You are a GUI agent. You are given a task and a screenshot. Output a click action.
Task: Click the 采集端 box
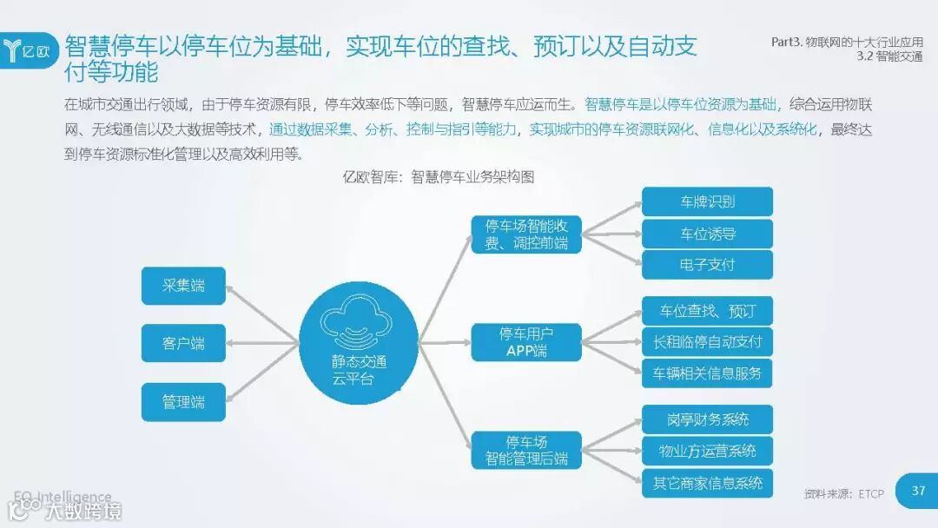click(x=183, y=286)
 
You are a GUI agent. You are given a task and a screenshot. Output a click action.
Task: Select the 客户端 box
click(x=183, y=343)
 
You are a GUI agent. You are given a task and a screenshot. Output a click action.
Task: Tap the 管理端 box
click(x=183, y=402)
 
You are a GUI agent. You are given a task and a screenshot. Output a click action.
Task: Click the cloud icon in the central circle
click(x=357, y=322)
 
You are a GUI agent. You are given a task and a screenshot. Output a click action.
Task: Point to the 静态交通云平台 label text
click(x=359, y=371)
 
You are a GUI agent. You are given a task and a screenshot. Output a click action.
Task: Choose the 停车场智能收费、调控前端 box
click(x=526, y=234)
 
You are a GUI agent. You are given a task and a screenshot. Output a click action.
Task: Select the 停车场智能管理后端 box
click(x=526, y=449)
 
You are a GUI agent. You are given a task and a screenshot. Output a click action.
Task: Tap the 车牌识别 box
click(x=707, y=202)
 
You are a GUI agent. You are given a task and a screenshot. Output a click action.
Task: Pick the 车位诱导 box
click(x=707, y=234)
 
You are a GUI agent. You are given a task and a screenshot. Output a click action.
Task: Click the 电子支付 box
click(x=707, y=264)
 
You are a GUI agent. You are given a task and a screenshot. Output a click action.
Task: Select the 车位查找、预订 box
click(x=707, y=311)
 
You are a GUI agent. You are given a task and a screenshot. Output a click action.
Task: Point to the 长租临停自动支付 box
click(x=707, y=342)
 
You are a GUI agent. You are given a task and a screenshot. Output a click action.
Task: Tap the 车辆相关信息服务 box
click(x=707, y=373)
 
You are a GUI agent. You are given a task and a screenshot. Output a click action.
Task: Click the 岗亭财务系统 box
click(x=707, y=419)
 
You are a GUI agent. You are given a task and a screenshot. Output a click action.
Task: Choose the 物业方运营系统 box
click(x=707, y=451)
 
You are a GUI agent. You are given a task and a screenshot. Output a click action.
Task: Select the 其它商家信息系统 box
click(x=707, y=482)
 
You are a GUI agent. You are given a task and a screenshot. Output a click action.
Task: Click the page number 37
click(x=918, y=492)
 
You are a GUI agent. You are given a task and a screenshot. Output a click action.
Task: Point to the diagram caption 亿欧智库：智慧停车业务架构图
click(x=439, y=176)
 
